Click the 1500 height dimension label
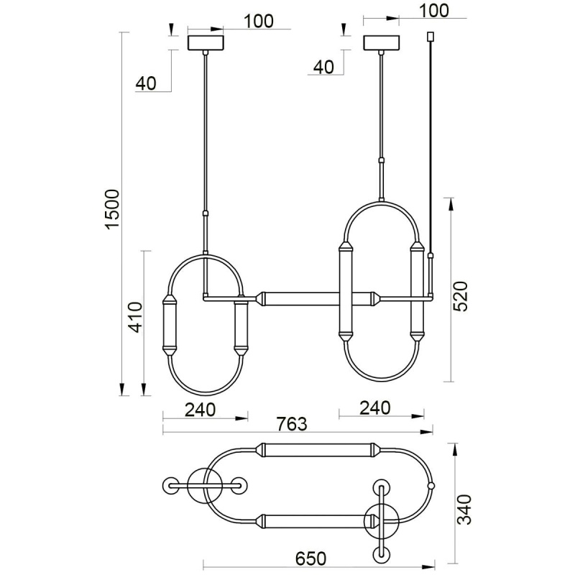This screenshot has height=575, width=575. point(112,209)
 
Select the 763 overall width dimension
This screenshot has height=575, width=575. point(292,424)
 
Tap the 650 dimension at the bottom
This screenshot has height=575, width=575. point(310,558)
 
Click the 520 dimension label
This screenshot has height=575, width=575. point(461,296)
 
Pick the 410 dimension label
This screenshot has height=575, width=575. point(136,317)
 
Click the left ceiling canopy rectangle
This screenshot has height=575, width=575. point(206,42)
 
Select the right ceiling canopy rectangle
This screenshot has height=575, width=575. point(381,42)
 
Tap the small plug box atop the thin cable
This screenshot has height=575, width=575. point(431,37)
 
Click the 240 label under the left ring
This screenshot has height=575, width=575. point(200,410)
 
